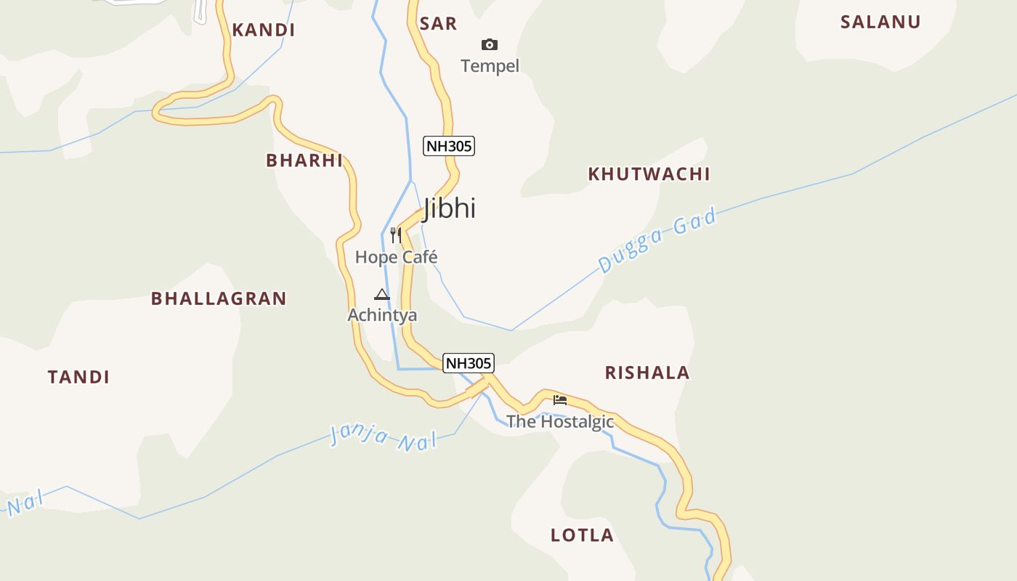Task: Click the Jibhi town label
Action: coord(449,208)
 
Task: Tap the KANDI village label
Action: coord(263,30)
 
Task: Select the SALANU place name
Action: coord(880,22)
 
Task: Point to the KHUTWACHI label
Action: coord(649,174)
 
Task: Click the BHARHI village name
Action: coord(304,161)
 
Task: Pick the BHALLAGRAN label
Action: coord(219,298)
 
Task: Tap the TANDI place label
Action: coord(78,377)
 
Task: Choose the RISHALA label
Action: coord(647,373)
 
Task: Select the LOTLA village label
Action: coord(582,535)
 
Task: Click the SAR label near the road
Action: coord(438,24)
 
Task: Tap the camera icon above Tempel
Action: coord(490,45)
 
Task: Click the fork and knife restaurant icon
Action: coord(396,235)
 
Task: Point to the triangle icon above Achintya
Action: coord(382,295)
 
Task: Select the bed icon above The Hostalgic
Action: coord(559,399)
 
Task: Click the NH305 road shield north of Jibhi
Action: coord(449,146)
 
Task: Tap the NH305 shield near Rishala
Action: coord(469,363)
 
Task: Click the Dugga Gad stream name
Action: coord(657,240)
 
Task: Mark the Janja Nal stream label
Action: coord(384,436)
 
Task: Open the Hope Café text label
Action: coord(396,257)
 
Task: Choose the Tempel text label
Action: coord(490,66)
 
